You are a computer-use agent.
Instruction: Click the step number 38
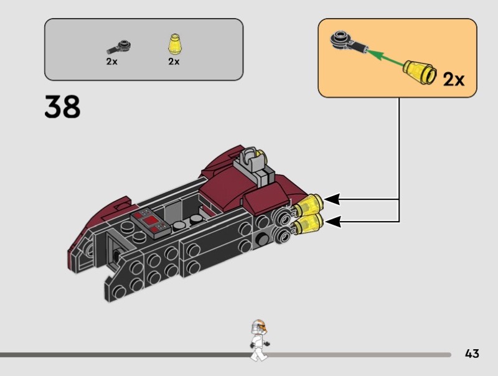pos(62,106)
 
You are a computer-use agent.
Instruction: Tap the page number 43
pos(472,354)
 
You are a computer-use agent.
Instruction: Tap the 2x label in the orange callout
pos(453,80)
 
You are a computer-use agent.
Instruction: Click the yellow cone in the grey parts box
pos(173,45)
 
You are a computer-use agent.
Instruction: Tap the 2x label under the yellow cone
pos(173,62)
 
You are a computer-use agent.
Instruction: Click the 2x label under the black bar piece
pos(111,62)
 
